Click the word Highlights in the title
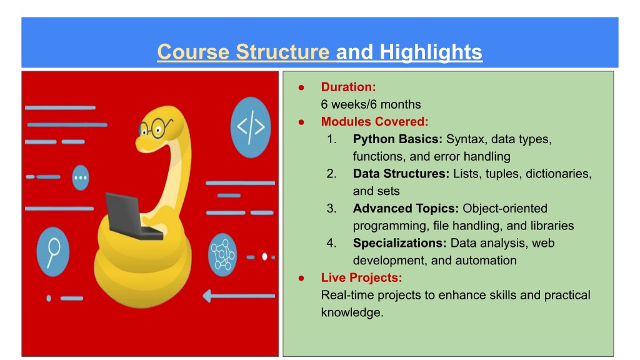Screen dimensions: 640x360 pos(431,52)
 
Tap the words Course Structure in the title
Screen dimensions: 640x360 pos(243,52)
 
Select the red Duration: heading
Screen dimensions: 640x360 pos(348,87)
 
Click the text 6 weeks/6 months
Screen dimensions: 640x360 pos(371,104)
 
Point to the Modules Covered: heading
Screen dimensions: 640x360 pos(375,122)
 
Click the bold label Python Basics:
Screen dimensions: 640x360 pos(397,139)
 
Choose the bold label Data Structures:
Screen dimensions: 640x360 pos(401,174)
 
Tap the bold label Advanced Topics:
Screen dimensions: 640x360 pos(406,209)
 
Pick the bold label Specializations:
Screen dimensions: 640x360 pos(399,243)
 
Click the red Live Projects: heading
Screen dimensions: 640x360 pos(361,278)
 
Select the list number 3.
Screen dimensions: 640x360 pos(331,209)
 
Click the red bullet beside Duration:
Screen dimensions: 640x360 pos(301,87)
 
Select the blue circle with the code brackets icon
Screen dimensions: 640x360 pos(250,127)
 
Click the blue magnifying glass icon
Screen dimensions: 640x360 pos(53,252)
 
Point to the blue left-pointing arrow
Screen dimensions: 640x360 pos(239,296)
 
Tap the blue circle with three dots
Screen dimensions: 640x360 pos(81,177)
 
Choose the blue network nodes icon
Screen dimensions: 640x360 pos(222,255)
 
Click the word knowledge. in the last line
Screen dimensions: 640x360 pos(352,312)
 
